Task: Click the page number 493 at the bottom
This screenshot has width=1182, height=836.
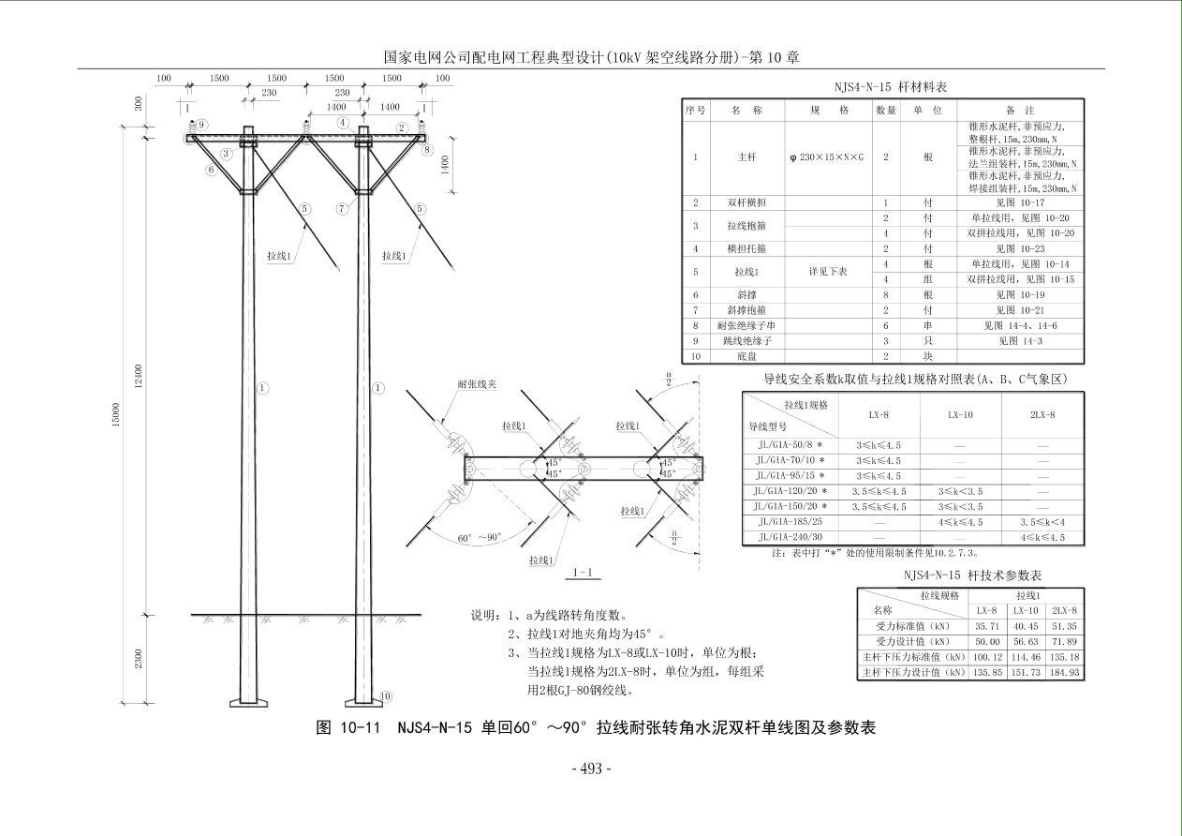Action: pyautogui.click(x=591, y=769)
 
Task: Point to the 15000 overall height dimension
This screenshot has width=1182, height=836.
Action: pyautogui.click(x=116, y=413)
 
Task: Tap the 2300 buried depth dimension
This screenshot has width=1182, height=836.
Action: pyautogui.click(x=139, y=658)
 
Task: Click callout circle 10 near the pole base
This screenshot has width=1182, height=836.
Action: pyautogui.click(x=386, y=696)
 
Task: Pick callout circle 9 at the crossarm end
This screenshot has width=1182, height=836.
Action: pyautogui.click(x=201, y=125)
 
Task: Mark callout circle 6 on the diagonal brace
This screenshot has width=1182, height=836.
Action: pyautogui.click(x=213, y=170)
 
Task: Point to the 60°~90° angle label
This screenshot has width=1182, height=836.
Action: pyautogui.click(x=480, y=538)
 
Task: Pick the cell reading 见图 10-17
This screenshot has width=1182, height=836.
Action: pyautogui.click(x=1019, y=202)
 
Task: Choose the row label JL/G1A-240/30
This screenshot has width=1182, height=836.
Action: pyautogui.click(x=790, y=537)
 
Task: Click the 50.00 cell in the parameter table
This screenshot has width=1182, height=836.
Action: pyautogui.click(x=986, y=641)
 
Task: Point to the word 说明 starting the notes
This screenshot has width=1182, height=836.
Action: pyautogui.click(x=485, y=616)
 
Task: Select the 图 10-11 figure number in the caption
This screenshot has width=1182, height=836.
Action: pyautogui.click(x=348, y=727)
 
